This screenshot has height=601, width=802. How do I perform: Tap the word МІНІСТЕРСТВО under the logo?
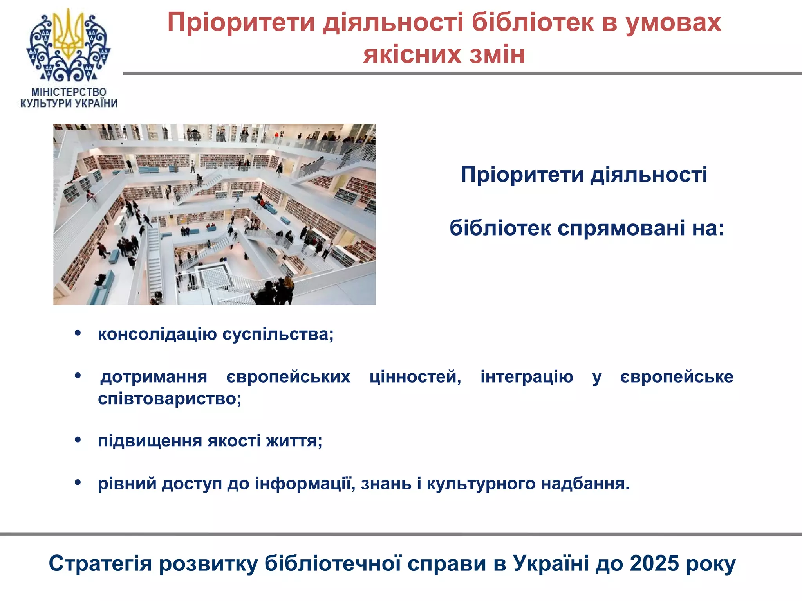pos(69,92)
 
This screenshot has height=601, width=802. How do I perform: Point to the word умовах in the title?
pos(673,22)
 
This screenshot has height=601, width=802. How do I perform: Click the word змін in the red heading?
pos(497,54)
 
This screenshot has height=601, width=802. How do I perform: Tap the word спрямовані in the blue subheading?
pos(621,228)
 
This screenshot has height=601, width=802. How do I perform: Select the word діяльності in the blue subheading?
pos(648,174)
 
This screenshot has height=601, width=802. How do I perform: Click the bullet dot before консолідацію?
pos(78,333)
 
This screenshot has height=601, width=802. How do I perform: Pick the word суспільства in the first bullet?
pos(278,334)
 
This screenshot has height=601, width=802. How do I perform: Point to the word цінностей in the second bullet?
pos(415,376)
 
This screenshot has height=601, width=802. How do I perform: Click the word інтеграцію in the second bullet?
pos(527,376)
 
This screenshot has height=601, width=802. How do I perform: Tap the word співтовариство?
pos(169,398)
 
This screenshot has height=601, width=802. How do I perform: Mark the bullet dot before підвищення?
pos(78,440)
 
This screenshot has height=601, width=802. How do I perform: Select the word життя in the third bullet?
pos(294,441)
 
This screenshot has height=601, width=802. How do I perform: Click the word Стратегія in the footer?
pos(100,563)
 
